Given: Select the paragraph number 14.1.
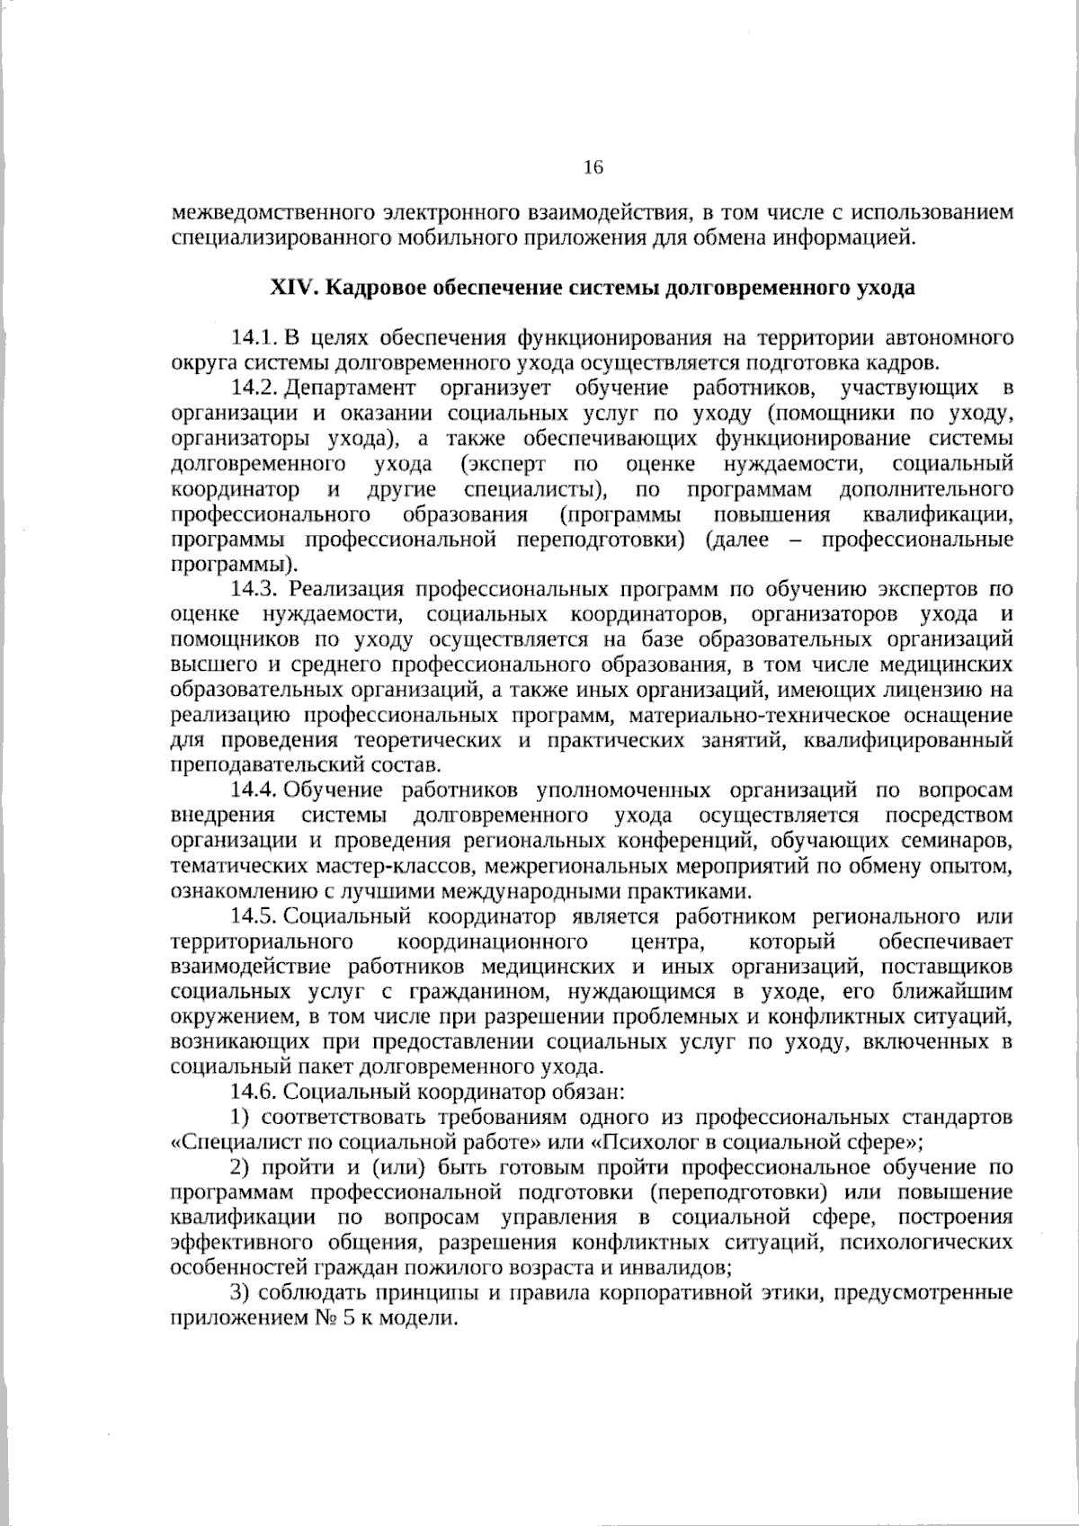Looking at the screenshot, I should tap(252, 339).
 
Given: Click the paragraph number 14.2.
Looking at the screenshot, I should tap(252, 389).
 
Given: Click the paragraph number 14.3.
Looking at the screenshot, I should tap(254, 590).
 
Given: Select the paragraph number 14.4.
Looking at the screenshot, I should tap(252, 790).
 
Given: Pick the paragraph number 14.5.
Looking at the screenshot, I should tap(252, 917).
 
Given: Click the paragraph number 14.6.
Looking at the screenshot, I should tap(254, 1093).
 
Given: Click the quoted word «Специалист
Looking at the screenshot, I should tap(221, 1143).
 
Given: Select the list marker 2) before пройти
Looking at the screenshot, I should tap(240, 1168).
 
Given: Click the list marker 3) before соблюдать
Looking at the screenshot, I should tap(240, 1294).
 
